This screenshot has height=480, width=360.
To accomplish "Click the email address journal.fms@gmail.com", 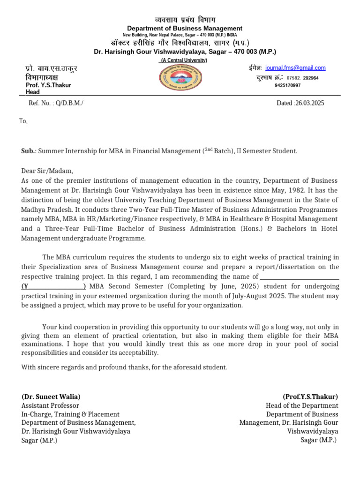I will click(x=295, y=68).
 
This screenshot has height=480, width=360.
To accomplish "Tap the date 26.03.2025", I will click(x=308, y=103).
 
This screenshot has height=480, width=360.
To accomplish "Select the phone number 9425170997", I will click(x=287, y=85).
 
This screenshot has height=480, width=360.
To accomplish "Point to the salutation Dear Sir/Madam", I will click(x=47, y=171).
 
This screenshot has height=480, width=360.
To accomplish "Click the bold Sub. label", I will click(x=29, y=151).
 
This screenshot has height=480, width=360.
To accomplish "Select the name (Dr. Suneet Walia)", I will click(x=51, y=397).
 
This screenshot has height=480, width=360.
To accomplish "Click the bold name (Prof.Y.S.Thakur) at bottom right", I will click(x=310, y=397).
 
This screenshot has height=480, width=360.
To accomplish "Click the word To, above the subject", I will click(x=23, y=121).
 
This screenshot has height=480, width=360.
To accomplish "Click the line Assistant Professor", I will click(x=50, y=405).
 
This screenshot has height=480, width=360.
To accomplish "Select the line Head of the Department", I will click(x=301, y=405).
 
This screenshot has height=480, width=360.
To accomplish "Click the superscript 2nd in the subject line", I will click(x=208, y=150).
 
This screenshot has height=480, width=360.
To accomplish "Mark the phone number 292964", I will click(x=311, y=78).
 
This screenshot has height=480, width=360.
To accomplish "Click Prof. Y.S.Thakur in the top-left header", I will click(x=48, y=85).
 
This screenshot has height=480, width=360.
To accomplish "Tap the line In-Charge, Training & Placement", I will click(x=70, y=414).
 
